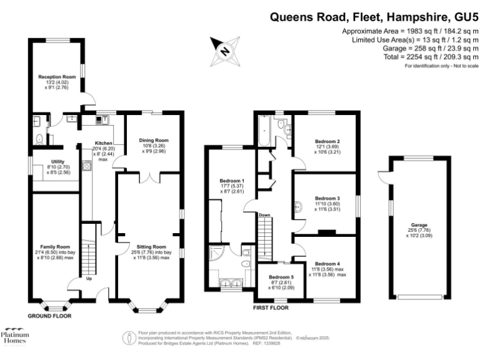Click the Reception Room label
point(57,77)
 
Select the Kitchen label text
point(103,142)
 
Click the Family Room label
point(57,247)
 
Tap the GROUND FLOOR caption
point(49,316)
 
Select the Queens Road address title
point(374,17)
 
